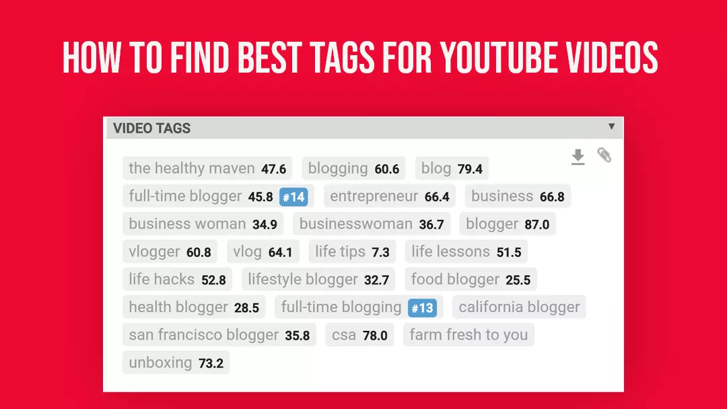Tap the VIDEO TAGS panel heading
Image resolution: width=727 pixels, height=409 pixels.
[x=151, y=128]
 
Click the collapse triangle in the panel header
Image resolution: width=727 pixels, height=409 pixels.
[x=611, y=126]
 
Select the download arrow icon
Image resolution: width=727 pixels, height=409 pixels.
[x=578, y=157]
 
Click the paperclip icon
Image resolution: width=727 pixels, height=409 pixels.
[x=604, y=155]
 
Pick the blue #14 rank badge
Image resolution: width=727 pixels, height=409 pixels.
[x=293, y=197]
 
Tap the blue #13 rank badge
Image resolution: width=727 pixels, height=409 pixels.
[x=423, y=308]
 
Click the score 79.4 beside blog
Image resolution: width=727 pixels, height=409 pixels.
[x=470, y=169]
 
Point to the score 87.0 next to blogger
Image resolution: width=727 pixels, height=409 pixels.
[x=536, y=225]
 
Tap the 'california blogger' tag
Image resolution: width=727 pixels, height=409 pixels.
[x=519, y=307]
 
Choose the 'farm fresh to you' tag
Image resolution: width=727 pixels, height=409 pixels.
[x=469, y=335]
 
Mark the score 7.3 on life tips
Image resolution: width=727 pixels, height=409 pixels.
[x=380, y=253]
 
